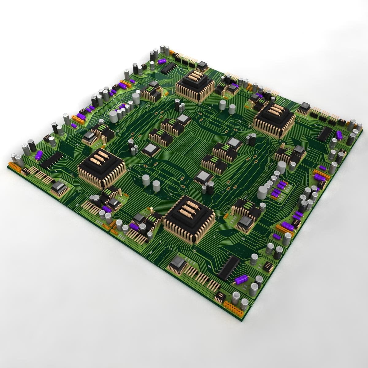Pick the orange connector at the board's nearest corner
[233, 307]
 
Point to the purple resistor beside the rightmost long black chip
[339, 135]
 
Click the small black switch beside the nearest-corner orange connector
[220, 296]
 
